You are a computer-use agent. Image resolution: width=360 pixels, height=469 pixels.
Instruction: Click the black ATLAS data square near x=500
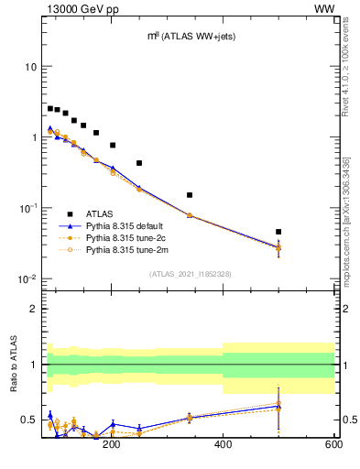pos(278,232)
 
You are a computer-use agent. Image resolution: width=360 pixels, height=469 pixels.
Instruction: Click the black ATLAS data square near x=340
pos(190,195)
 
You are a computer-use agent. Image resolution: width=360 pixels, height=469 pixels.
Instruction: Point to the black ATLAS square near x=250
pos(139,163)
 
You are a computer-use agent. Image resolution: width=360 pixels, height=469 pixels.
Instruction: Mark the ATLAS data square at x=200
pos(113,145)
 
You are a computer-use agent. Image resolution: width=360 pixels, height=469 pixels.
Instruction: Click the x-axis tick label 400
pos(223,444)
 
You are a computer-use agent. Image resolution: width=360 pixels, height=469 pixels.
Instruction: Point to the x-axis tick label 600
pos(333,444)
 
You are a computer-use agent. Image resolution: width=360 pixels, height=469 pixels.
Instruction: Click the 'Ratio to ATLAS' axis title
pos(12,365)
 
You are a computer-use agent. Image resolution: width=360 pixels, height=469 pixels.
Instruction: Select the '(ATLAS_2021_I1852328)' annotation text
pos(189,274)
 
